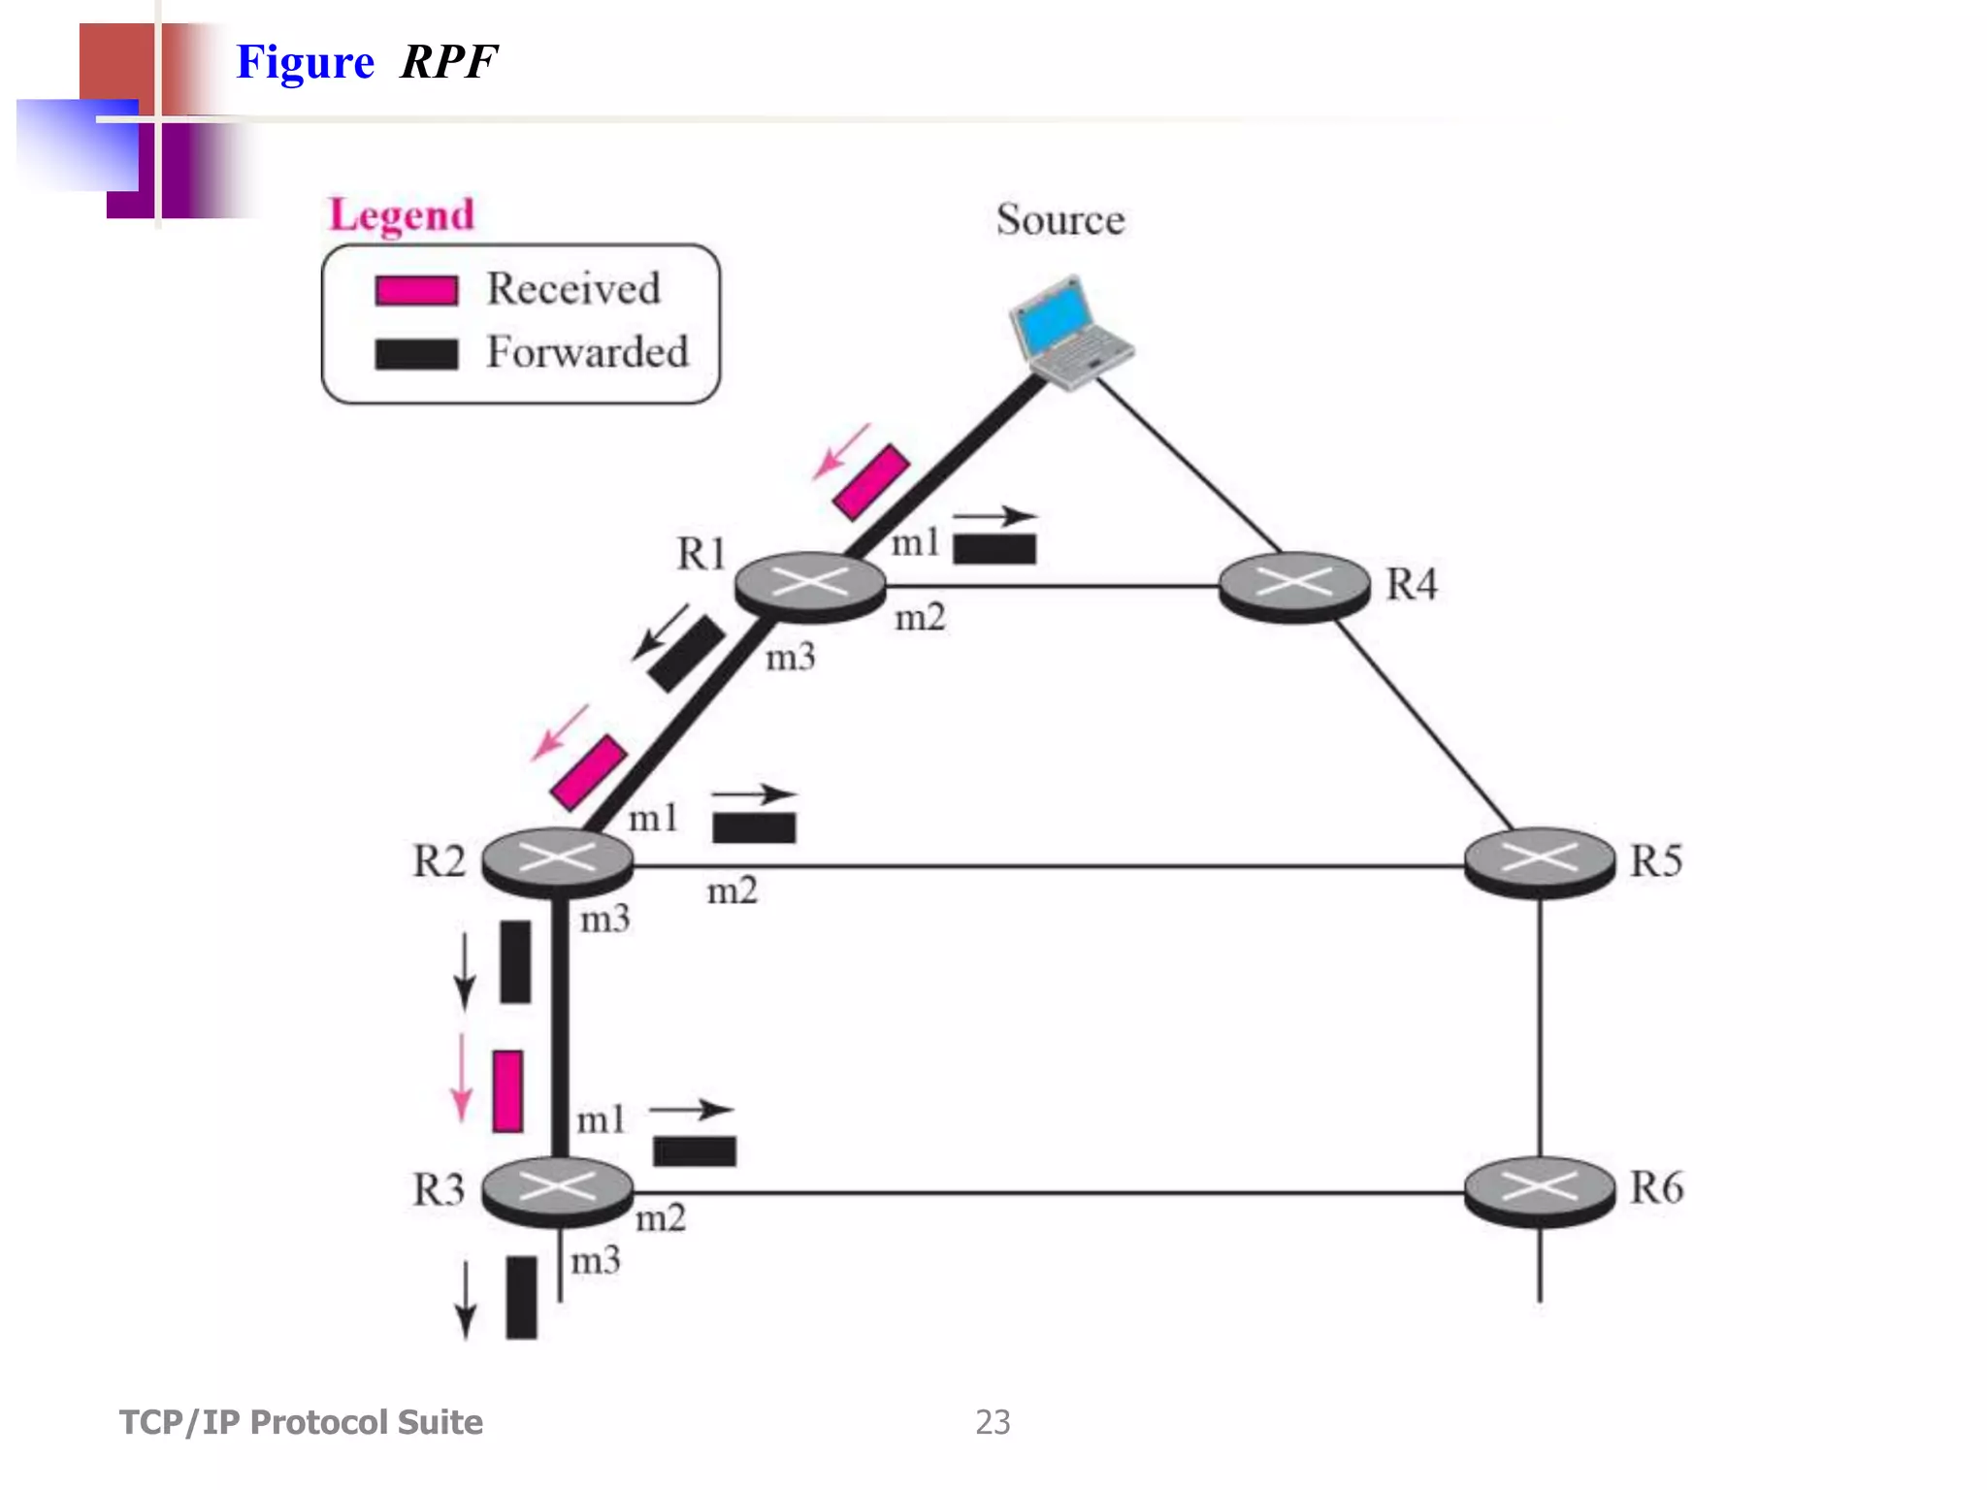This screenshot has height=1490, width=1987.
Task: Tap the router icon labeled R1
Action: coord(810,586)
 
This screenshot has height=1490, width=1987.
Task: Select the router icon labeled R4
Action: coord(1294,586)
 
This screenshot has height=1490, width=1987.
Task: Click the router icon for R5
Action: coord(1540,861)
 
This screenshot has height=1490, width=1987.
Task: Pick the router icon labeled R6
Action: coord(1540,1190)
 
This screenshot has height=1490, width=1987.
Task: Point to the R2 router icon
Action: coord(558,861)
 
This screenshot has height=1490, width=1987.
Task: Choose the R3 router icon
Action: coord(558,1190)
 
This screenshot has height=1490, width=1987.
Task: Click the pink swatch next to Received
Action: coord(416,290)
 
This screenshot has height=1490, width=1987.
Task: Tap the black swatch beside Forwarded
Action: coord(416,354)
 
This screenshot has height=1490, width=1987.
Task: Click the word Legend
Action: coord(402,214)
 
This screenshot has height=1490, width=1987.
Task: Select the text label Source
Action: coord(1060,220)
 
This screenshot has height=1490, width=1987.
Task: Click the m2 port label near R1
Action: coord(920,618)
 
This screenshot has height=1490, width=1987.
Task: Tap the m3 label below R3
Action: coord(595,1261)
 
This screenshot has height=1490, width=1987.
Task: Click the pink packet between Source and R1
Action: coord(871,482)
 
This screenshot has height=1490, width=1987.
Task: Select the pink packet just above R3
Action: coord(507,1091)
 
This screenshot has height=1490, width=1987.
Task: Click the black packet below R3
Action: coord(521,1298)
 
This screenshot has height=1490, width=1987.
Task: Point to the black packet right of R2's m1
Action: coord(754,827)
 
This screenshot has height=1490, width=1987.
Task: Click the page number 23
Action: coord(993,1422)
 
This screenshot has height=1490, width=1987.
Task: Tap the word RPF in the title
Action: coord(448,62)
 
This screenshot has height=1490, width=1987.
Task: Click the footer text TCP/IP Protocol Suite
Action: coord(301,1422)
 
